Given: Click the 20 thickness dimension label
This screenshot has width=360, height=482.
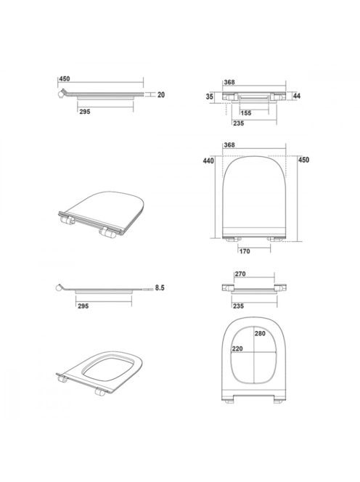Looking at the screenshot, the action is click(x=161, y=95).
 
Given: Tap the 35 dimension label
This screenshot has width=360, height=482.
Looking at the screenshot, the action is click(x=209, y=97).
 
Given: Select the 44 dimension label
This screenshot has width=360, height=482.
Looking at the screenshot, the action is click(x=296, y=96).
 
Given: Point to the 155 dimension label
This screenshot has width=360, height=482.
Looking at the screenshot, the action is click(x=246, y=113).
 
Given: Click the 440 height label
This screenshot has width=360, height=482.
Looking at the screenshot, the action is click(x=208, y=160).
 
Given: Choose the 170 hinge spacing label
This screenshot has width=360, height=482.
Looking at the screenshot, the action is click(x=245, y=251).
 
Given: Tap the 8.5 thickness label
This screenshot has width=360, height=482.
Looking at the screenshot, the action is click(x=160, y=288).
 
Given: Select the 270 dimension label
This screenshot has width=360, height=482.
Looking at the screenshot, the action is click(x=240, y=274).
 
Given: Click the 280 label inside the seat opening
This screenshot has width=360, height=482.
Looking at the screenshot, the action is click(x=260, y=333).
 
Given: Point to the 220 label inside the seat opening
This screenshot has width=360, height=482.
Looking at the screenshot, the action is click(x=237, y=348).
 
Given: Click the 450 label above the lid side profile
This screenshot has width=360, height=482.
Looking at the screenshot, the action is click(x=65, y=78).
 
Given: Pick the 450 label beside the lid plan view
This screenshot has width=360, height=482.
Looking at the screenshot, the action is click(x=303, y=160).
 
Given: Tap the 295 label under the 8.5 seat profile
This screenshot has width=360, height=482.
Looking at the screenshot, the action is click(x=83, y=306).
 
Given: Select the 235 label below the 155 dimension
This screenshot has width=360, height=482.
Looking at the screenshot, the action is click(x=239, y=123).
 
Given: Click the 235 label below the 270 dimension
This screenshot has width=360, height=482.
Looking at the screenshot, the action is click(x=238, y=306).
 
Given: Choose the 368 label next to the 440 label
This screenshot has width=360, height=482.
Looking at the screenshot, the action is click(x=229, y=144).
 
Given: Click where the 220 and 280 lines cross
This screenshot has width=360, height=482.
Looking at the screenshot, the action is click(x=254, y=352).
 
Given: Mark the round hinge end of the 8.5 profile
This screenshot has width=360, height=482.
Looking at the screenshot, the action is click(x=58, y=288).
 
